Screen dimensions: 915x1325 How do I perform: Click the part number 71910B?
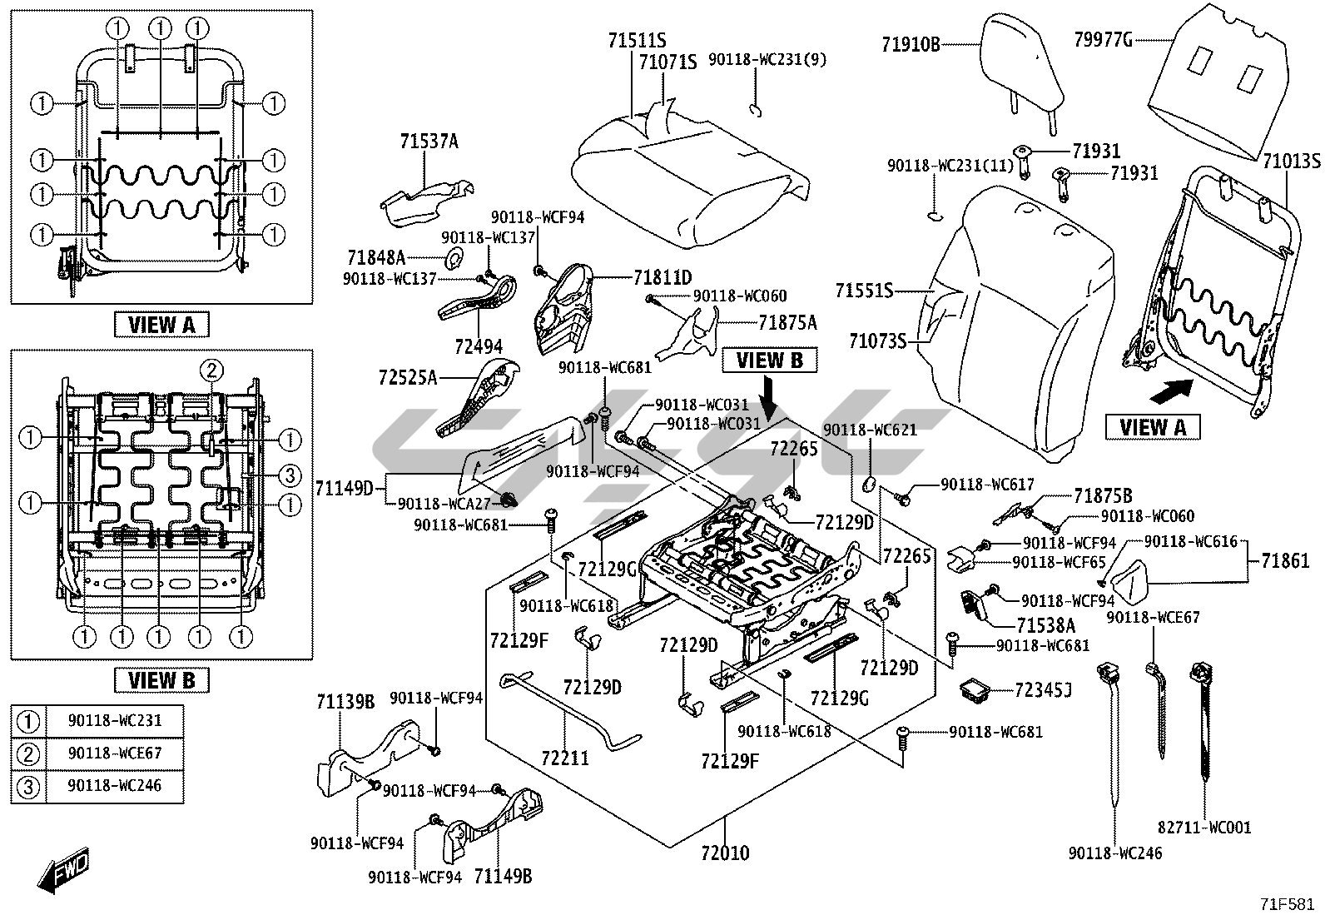(911, 44)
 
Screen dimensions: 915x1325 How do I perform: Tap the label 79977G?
(1102, 38)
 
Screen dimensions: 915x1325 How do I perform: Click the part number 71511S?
(637, 41)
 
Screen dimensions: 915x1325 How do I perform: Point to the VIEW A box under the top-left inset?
(161, 325)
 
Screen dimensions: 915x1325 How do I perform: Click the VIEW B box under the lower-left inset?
(161, 679)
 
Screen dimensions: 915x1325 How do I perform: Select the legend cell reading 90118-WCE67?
(115, 753)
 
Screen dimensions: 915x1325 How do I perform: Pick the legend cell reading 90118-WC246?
(115, 786)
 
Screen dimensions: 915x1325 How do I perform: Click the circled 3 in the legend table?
(28, 786)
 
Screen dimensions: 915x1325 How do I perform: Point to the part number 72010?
(724, 853)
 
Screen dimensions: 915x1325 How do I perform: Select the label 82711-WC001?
(1204, 828)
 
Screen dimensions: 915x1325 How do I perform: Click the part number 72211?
(564, 758)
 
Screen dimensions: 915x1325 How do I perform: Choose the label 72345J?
(1043, 689)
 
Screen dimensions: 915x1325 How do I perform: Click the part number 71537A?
(429, 142)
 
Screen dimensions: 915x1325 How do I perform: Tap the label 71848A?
(376, 256)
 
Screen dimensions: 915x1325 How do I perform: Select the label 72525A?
(407, 378)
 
